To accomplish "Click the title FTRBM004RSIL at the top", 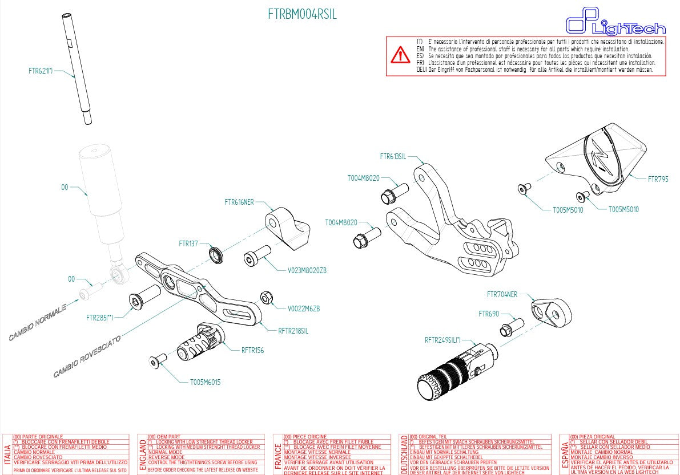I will coord(302,14).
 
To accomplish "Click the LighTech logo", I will coord(615,24).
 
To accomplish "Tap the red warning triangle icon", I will coord(400,55).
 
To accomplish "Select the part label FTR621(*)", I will coord(41,71).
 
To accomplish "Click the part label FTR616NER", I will coord(239,202).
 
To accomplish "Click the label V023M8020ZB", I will coord(307,270).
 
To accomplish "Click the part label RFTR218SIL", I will coord(293,331).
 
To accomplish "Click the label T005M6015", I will coord(205,382).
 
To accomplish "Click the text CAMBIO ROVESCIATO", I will coord(86,356).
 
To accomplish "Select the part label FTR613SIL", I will coord(393,156).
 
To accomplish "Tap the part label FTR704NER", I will coord(502,295).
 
